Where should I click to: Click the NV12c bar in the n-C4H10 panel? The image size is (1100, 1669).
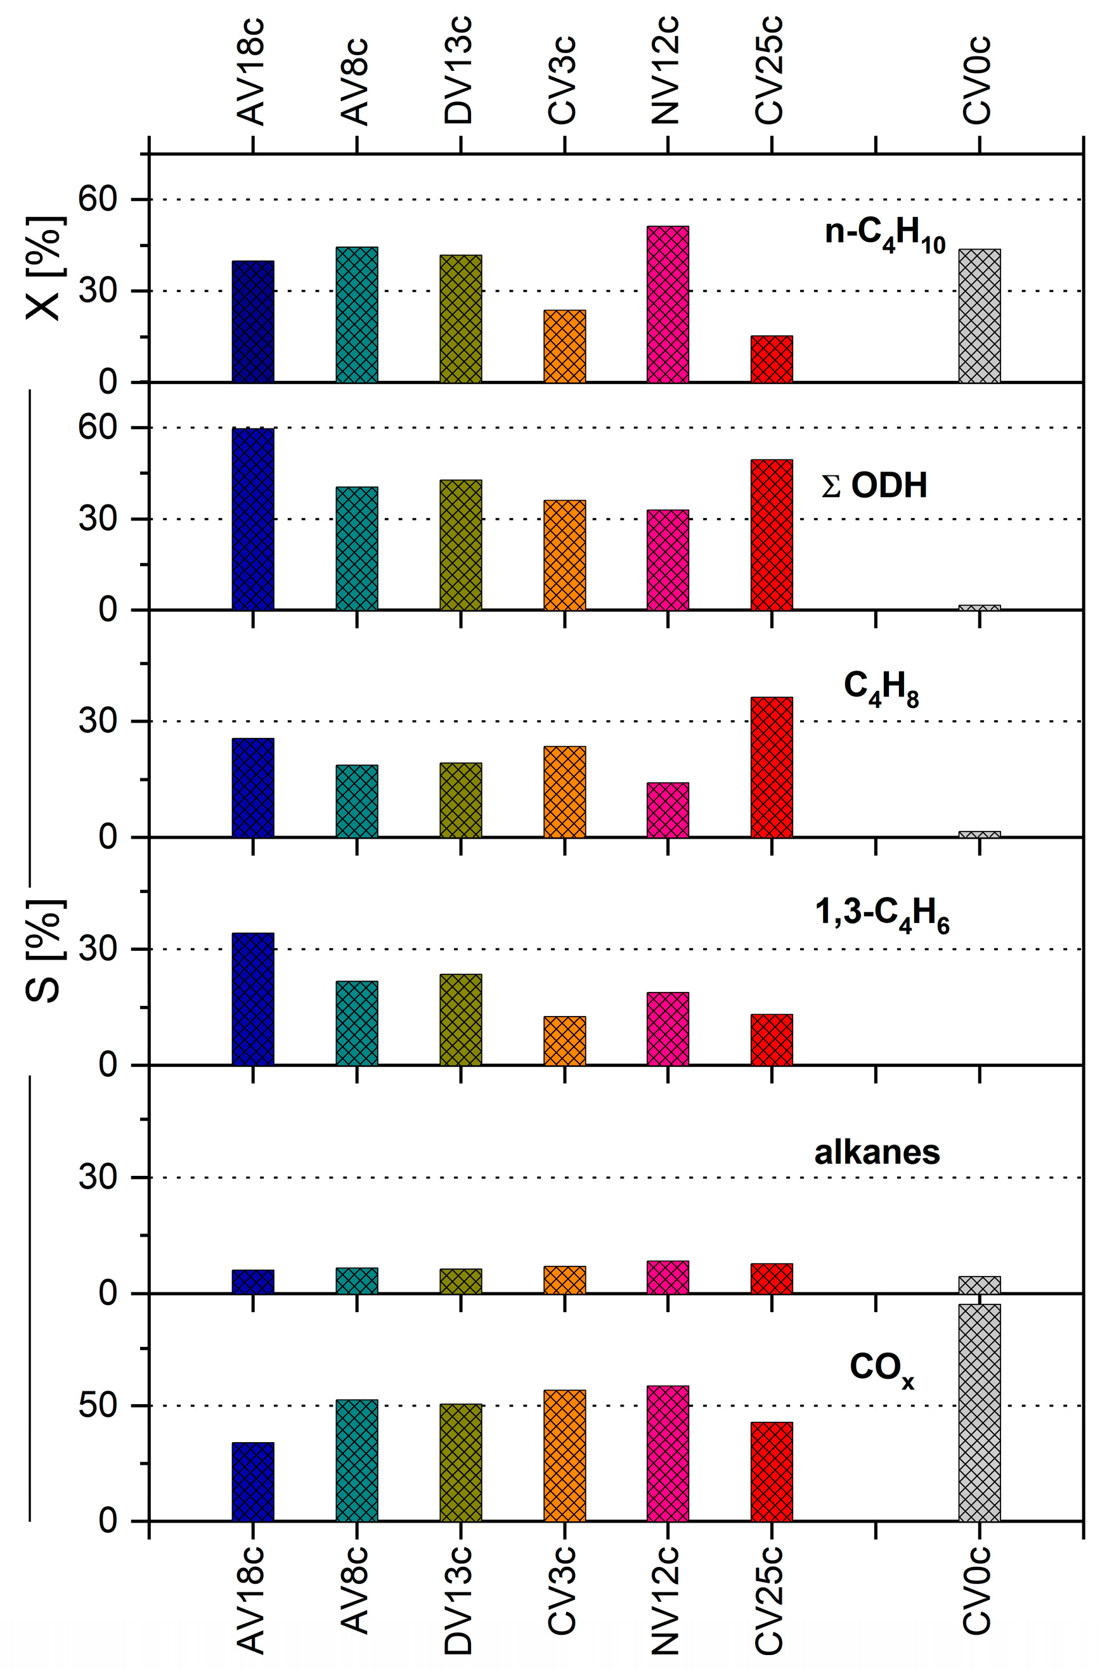tap(667, 304)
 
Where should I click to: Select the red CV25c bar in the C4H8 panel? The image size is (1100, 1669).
tap(771, 767)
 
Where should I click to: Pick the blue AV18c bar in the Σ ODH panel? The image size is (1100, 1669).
tap(252, 519)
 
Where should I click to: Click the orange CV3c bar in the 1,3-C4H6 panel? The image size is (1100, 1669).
tap(564, 1041)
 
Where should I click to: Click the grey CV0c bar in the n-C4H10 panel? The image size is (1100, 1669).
tap(980, 316)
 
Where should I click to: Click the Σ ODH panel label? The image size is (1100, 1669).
tap(874, 486)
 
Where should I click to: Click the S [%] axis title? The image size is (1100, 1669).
tap(44, 950)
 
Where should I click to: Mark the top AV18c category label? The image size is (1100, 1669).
tap(251, 74)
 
